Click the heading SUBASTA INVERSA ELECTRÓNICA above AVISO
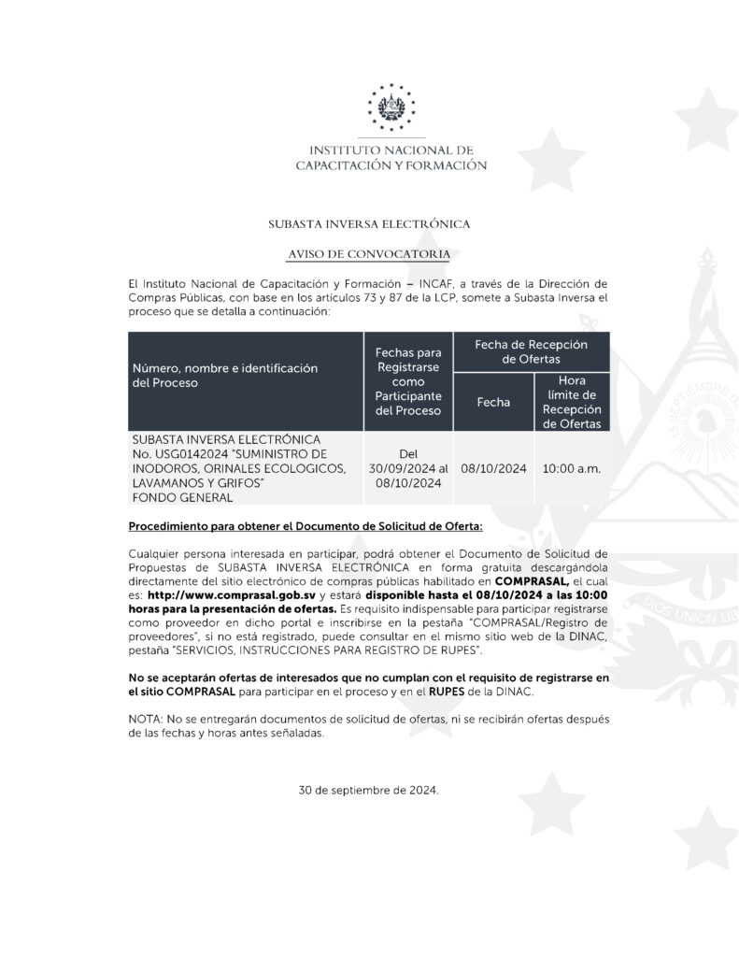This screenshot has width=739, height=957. [x=369, y=225]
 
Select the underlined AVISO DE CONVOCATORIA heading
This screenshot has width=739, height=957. [x=369, y=254]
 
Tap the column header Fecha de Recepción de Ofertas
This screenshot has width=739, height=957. [x=531, y=351]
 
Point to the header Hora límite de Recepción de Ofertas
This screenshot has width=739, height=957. [x=571, y=403]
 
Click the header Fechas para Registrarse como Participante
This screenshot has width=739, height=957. [x=407, y=381]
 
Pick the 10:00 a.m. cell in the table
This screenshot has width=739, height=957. [x=571, y=468]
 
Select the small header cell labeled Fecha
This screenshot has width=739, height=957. [x=492, y=403]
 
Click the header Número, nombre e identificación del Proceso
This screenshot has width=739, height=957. [x=224, y=376]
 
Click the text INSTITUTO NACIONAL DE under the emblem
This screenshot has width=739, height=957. [x=391, y=150]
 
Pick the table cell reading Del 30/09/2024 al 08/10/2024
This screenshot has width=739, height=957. [x=407, y=468]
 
